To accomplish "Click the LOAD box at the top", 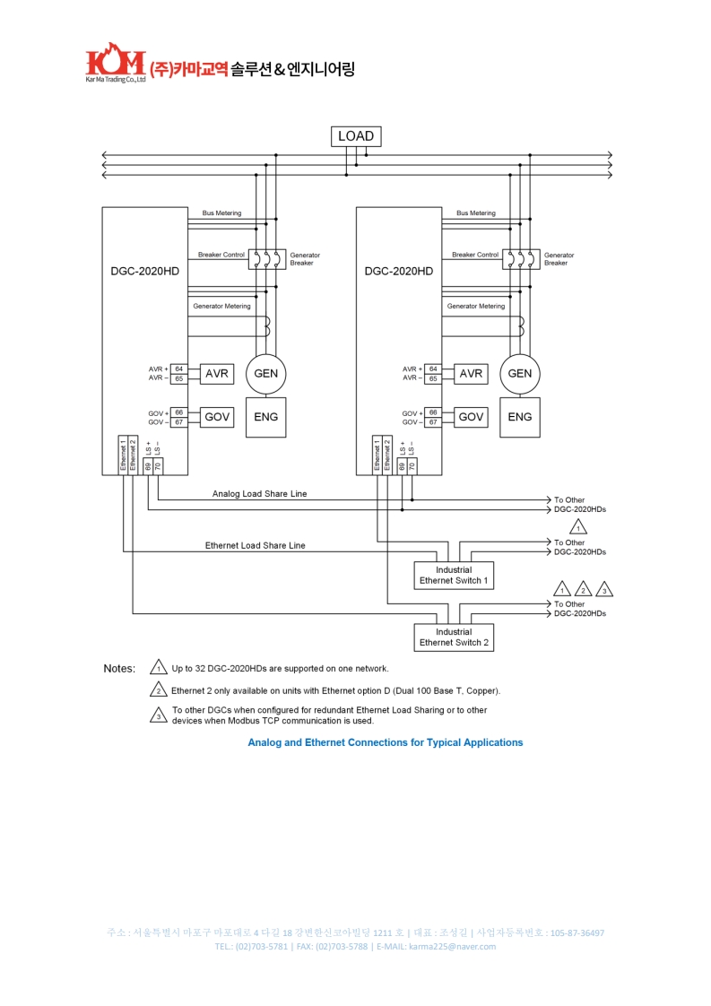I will click(x=356, y=136).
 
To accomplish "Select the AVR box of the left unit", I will click(x=217, y=374).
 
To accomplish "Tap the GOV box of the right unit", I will click(x=471, y=417).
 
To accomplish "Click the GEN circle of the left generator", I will click(x=266, y=374).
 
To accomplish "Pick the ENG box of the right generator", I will click(x=520, y=417).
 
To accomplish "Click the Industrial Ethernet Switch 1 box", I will click(x=454, y=576).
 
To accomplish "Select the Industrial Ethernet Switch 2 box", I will click(x=454, y=637).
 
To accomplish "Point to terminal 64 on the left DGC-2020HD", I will click(x=179, y=369).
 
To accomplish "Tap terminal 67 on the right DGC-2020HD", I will click(x=433, y=422).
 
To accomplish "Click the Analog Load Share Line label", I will click(x=259, y=494).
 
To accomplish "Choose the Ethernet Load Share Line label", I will click(x=255, y=545).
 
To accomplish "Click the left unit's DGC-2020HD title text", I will click(x=144, y=271).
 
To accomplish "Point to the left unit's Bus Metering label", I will click(x=221, y=213).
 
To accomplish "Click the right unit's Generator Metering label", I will click(x=475, y=307).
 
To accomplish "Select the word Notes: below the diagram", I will click(x=119, y=669).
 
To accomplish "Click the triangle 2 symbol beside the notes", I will click(x=159, y=690).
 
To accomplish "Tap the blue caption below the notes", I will click(x=385, y=742).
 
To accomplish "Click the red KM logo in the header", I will click(x=115, y=63).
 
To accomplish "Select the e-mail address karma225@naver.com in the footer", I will click(x=452, y=947).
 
